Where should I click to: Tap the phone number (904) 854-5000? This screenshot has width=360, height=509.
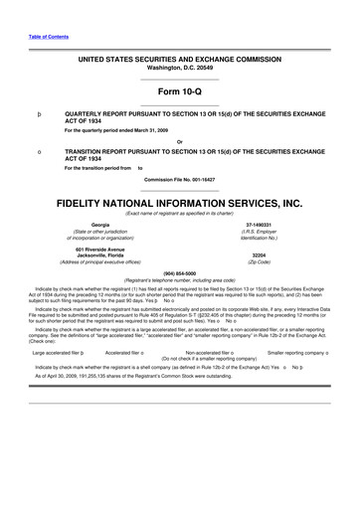[179, 271]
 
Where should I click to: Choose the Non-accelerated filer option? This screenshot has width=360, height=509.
[203, 351]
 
